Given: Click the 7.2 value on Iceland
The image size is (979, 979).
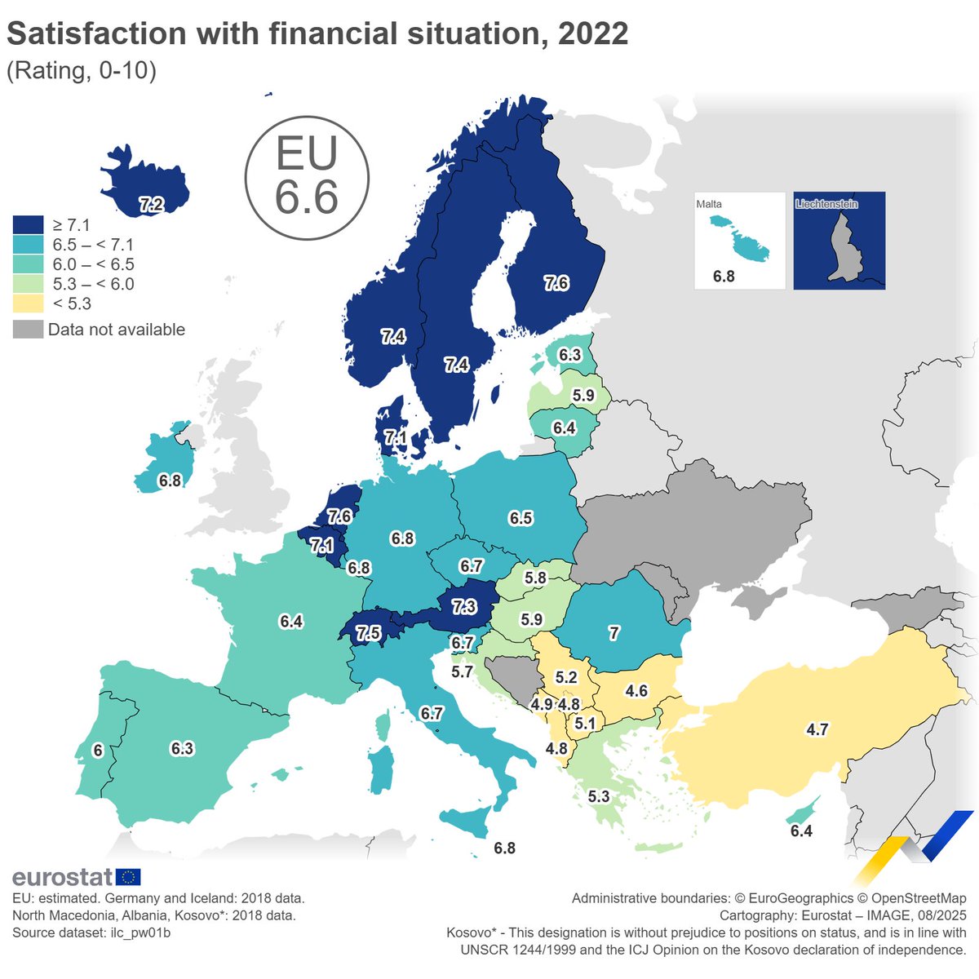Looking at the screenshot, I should pos(151,205).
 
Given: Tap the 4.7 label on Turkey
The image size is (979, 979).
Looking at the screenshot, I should pos(817,729).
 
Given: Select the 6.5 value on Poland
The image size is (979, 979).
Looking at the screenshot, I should pos(521,518).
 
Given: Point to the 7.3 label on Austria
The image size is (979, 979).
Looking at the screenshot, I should pos(463,607).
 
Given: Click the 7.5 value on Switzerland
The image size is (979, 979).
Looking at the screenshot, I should pos(368,633).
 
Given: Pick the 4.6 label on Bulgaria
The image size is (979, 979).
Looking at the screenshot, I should pos(636,691).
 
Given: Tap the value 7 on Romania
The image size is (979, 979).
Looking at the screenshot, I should pos(614,633).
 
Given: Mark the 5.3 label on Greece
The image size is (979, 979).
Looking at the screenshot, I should pos(599,796).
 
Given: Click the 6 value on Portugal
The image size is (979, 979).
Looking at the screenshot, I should pos(98,751).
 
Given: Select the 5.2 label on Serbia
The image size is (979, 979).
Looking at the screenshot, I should pos(566,677).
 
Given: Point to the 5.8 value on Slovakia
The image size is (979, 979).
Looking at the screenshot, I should pos(535,578).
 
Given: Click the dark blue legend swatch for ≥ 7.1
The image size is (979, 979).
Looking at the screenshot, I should pos(29,225).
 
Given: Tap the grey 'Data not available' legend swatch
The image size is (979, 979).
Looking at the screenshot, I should pos(29,330).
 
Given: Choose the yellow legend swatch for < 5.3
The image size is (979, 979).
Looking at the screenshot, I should pos(29,303).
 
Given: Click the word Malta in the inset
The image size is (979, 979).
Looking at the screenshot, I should pos(709,204).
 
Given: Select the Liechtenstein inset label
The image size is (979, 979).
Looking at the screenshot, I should pos(826,204).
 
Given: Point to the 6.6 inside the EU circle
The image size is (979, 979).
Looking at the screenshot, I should pos(307,197).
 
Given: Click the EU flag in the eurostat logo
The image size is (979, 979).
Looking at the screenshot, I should pos(129,877).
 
